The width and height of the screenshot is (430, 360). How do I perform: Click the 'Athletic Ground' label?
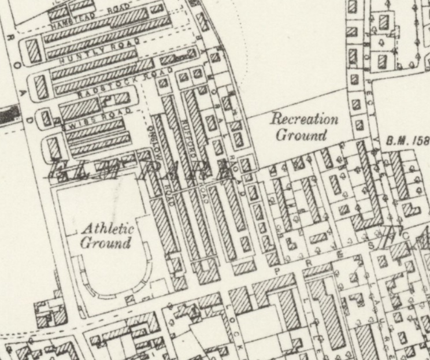tap(107, 235)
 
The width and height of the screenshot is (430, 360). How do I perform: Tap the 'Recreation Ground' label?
tap(304, 128)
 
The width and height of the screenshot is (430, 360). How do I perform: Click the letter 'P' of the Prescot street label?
tap(278, 270)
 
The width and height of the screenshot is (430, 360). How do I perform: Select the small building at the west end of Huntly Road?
tap(34, 51)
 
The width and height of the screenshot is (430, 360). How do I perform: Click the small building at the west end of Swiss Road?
tap(44, 119)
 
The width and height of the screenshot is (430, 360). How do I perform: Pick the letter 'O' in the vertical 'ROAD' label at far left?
tap(16, 65)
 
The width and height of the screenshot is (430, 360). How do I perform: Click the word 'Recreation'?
tap(304, 120)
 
